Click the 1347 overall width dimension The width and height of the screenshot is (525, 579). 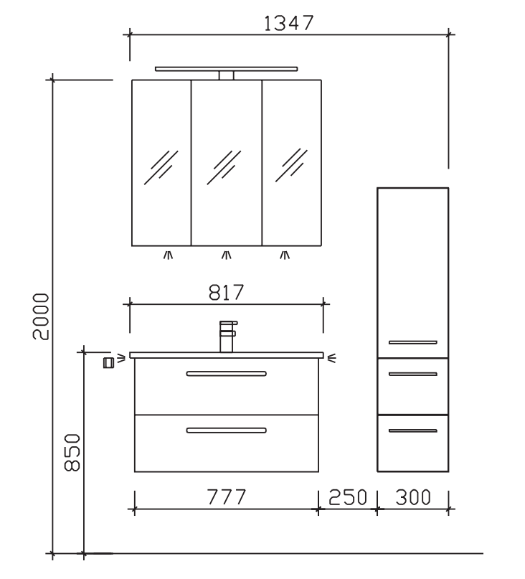(x=289, y=23)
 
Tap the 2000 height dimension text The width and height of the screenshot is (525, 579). (x=41, y=316)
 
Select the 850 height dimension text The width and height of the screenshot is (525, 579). (x=72, y=453)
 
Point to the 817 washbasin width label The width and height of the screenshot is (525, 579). (x=226, y=293)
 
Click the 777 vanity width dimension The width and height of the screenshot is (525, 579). (x=227, y=497)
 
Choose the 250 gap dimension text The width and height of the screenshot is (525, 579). (x=348, y=497)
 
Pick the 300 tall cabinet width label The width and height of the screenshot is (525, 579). (x=413, y=497)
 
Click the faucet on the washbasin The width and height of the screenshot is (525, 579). (x=227, y=336)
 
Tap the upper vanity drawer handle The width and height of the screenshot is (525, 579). (x=227, y=374)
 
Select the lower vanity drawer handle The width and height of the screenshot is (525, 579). (x=227, y=430)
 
